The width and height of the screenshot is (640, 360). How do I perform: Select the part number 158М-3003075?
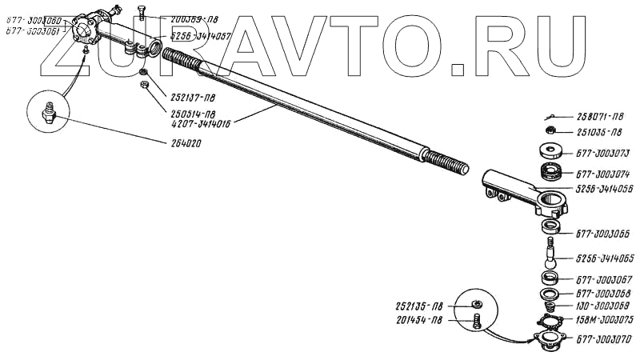604,318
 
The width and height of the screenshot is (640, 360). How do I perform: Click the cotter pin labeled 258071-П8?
547,117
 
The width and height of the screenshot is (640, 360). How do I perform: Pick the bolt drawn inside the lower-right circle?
476,322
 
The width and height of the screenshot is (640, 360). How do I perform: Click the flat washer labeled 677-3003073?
549,150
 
